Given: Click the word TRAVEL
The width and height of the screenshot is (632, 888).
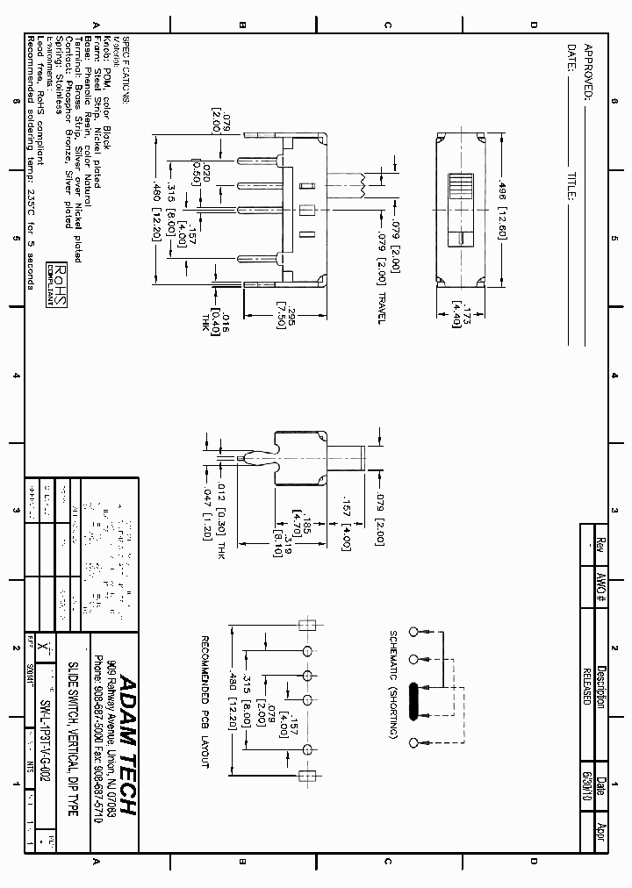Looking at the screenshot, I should (x=381, y=307).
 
